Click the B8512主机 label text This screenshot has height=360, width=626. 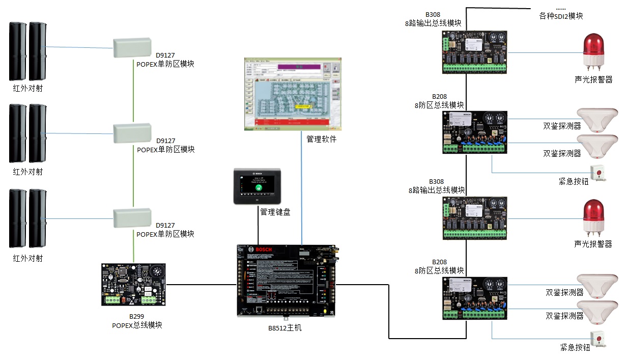click(x=285, y=328)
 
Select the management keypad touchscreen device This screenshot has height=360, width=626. click(x=258, y=186)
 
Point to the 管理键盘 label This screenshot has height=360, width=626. click(x=275, y=212)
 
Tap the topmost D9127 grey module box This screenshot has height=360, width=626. click(x=132, y=48)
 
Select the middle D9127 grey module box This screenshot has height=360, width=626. click(x=132, y=133)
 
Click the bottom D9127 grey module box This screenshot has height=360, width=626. click(x=132, y=218)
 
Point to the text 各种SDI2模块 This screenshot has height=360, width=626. click(x=561, y=16)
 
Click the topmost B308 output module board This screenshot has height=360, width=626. click(x=474, y=51)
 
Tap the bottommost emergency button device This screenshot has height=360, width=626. click(x=597, y=339)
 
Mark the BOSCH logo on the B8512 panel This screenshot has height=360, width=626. click(x=264, y=250)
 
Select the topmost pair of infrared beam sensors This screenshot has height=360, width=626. click(x=27, y=51)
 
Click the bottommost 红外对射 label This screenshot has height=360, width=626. click(x=28, y=258)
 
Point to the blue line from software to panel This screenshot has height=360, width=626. click(x=302, y=193)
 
